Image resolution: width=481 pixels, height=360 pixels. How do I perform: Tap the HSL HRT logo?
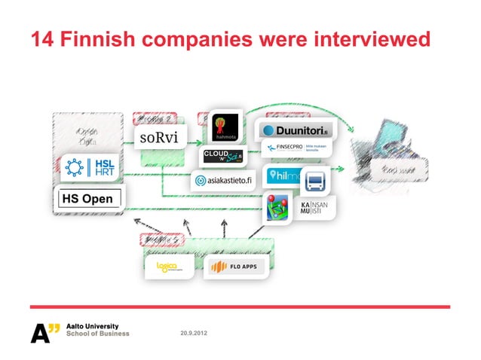pos(87,167)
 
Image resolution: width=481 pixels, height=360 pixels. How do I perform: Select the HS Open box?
pos(87,200)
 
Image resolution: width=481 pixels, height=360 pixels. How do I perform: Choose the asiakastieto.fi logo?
pos(224,182)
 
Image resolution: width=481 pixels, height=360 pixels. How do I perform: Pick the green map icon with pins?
pos(277,208)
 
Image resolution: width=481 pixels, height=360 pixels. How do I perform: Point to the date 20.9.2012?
pos(193,332)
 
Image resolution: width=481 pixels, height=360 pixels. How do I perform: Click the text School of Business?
pos(98,334)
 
